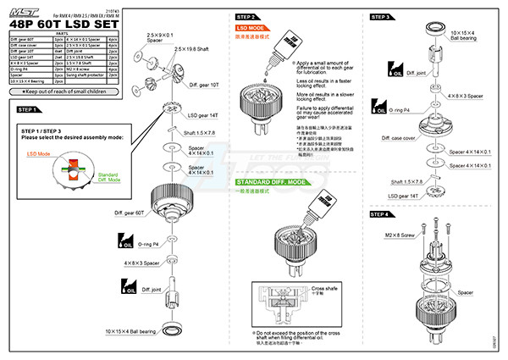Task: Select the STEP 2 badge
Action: (247, 17)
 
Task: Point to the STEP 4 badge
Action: (380, 215)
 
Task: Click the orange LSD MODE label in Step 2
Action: (252, 28)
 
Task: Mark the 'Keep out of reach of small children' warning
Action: (64, 90)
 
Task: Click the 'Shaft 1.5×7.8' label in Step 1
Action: (200, 133)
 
